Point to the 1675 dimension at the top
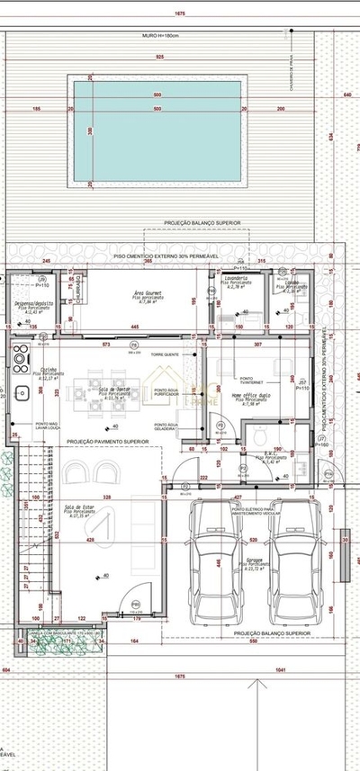pyautogui.click(x=180, y=14)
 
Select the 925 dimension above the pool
pyautogui.click(x=158, y=58)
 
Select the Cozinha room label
pyautogui.click(x=49, y=371)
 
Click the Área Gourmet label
pyautogui.click(x=148, y=294)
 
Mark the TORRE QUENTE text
pyautogui.click(x=165, y=355)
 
